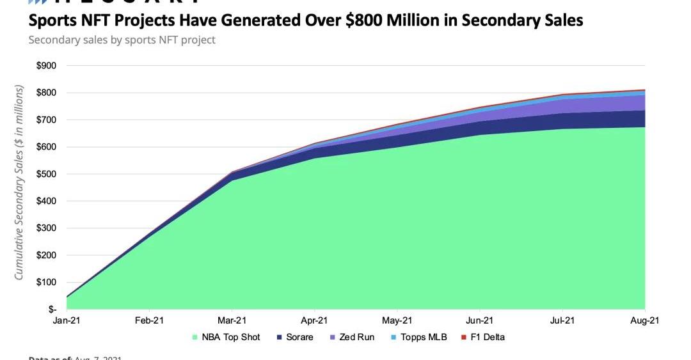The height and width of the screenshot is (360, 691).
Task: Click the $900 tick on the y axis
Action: pos(47,66)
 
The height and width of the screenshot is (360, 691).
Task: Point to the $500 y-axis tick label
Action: pos(47,174)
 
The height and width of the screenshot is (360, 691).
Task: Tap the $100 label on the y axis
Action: pos(47,282)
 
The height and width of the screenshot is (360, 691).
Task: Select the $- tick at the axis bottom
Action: pos(51,309)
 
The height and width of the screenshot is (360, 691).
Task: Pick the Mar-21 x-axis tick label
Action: pos(232,321)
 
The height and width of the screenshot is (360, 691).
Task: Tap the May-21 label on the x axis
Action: pos(397,321)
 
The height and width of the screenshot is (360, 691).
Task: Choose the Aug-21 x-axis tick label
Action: pos(645,321)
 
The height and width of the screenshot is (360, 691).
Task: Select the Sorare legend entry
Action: pos(295,337)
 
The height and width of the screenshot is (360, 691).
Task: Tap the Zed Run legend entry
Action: pos(353,337)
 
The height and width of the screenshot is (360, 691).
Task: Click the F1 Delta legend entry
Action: pos(484,337)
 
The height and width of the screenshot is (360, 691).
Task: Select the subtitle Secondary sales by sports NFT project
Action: pos(122,40)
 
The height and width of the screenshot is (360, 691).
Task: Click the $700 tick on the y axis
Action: pos(47,120)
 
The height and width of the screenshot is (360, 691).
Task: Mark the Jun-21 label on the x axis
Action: pos(479,321)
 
